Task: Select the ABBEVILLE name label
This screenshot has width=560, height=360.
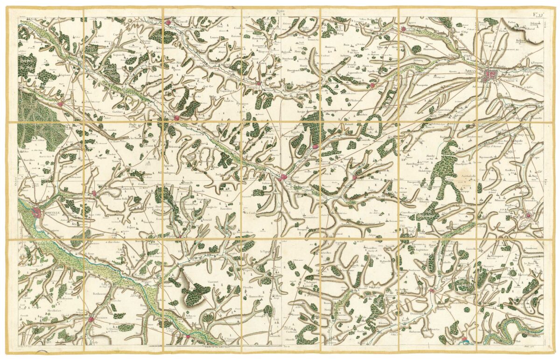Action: point(45,209)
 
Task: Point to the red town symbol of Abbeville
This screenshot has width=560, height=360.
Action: point(37,214)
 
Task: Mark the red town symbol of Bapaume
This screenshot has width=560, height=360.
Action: point(528,215)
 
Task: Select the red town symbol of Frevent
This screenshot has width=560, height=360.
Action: point(258,84)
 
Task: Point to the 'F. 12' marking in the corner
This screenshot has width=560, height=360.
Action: point(539,14)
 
